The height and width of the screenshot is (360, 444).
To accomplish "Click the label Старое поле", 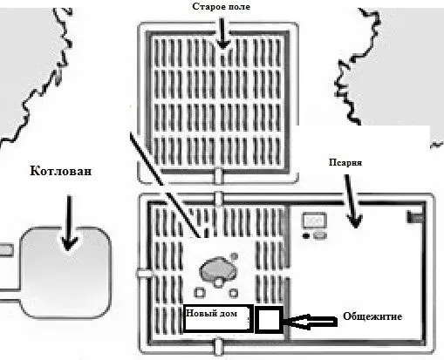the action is pos(222,6).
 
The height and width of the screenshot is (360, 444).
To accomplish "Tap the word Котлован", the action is pos(61,171).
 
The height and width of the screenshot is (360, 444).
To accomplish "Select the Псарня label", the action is pos(345,162).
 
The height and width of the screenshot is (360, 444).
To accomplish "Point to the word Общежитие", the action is pos(372,316).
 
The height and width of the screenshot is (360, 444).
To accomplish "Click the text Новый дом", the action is pos(211,313).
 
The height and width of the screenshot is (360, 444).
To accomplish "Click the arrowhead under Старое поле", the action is pos(223,44).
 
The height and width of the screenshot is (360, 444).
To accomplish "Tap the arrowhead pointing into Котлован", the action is pos(69,244).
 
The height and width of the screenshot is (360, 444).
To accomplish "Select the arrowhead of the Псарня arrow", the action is pos(355,221).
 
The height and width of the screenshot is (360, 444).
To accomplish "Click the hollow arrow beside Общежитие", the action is pos(310,322).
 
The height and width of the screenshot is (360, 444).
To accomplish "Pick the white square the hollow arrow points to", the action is pos(269,319).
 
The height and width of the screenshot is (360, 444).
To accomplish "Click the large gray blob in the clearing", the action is pos(218,269).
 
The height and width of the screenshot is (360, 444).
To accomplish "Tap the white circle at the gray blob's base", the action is pos(218,282).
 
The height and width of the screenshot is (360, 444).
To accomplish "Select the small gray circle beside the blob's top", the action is pos(234,256).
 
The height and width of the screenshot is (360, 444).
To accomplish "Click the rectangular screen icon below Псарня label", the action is pos(314,221).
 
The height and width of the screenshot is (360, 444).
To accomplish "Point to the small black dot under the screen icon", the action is pos(306,235).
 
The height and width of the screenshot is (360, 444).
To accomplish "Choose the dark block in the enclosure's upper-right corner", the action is pos(415,217).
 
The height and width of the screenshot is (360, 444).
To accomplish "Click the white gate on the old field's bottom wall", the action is pos(218,175).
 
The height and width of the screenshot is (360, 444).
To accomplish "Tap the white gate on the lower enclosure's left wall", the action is pos(145,274).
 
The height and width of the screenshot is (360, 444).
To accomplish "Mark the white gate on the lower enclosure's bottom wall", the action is pos(219,346).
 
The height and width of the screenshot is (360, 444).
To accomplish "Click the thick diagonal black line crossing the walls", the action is pos(165,185).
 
